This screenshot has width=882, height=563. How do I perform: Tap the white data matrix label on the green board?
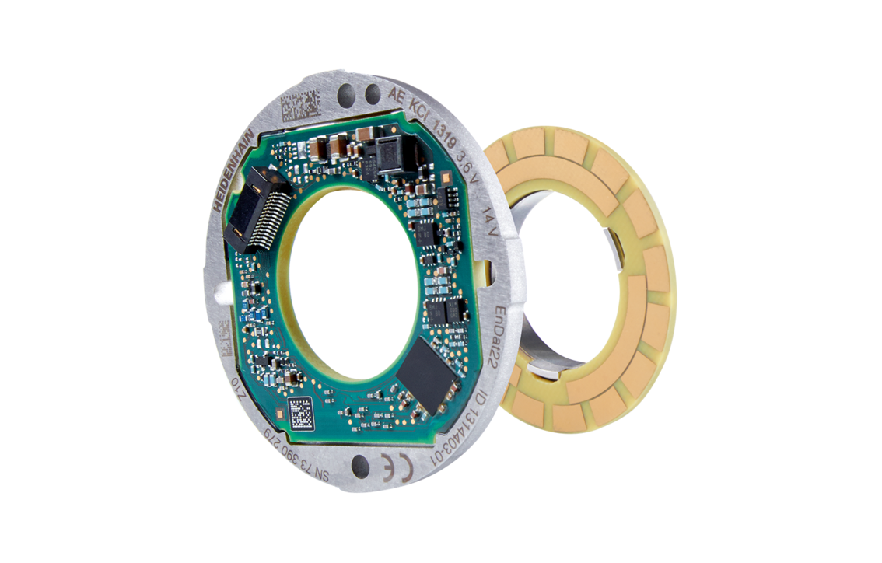pos(301,412)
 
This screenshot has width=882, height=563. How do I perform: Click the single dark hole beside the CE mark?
pos(360,467)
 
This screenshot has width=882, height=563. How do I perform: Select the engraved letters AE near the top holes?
pos(397,96)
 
